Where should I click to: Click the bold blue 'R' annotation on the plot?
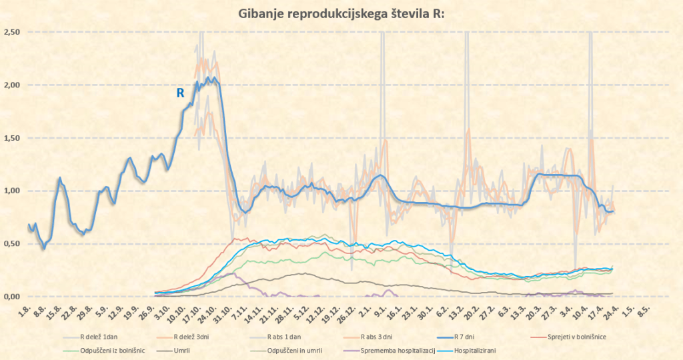[x=180, y=93]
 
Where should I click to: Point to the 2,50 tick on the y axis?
[x=13, y=32]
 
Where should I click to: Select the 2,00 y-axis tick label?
[x=13, y=85]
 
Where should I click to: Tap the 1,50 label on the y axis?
[x=13, y=138]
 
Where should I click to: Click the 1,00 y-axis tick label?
[x=13, y=191]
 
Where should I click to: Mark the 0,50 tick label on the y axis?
[x=13, y=244]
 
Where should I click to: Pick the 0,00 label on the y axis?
[x=13, y=297]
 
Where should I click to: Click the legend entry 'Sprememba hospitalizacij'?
[x=378, y=350]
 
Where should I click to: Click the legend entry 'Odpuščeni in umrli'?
[x=278, y=350]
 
